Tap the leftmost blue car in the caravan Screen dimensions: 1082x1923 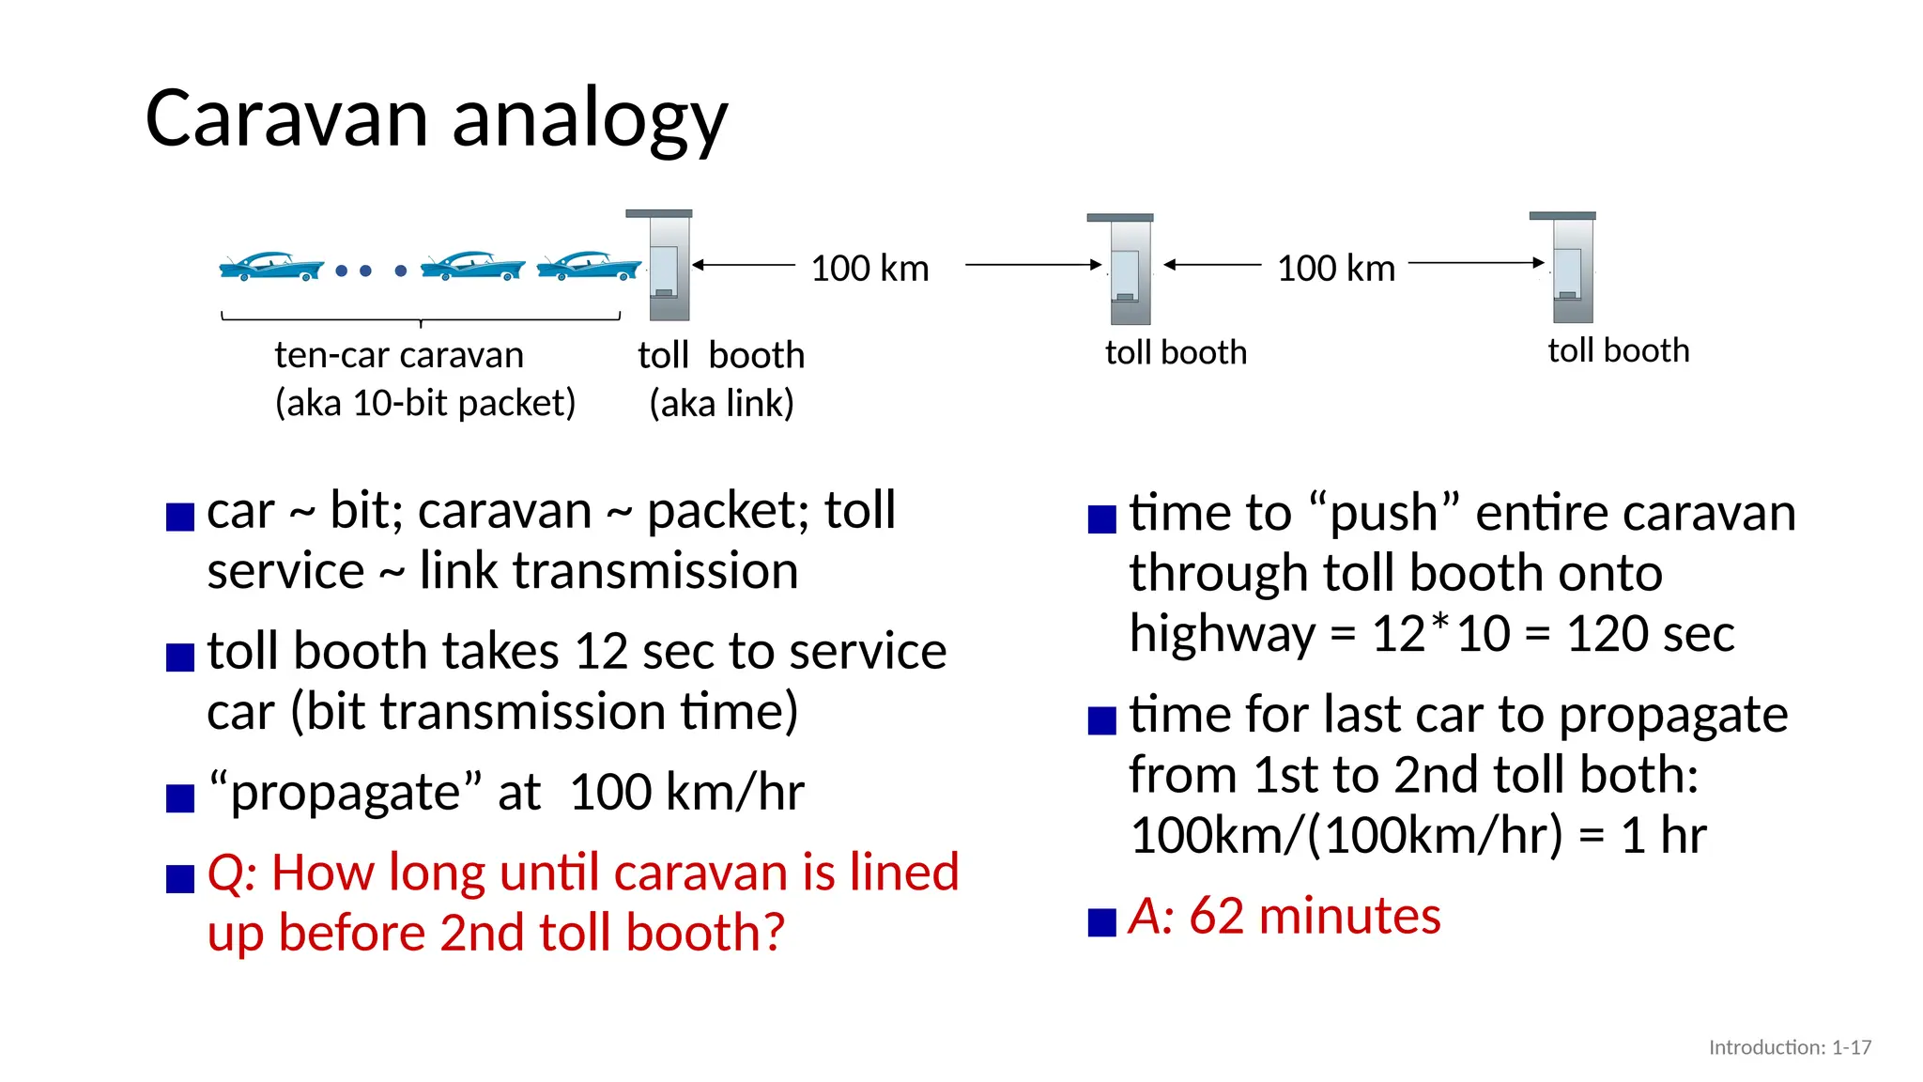pyautogui.click(x=270, y=267)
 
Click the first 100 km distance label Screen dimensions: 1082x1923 pyautogui.click(x=869, y=269)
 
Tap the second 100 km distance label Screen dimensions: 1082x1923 pyautogui.click(x=1335, y=269)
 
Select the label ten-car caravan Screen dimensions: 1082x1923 pyautogui.click(x=399, y=356)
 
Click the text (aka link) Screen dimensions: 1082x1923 pyautogui.click(x=721, y=404)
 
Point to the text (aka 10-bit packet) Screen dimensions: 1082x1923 pyautogui.click(x=424, y=403)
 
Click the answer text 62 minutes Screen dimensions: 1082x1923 pyautogui.click(x=1315, y=916)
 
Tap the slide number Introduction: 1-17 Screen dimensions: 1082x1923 pyautogui.click(x=1790, y=1047)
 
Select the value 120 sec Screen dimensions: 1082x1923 pyautogui.click(x=1650, y=634)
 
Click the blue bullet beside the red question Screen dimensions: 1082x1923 pyautogui.click(x=179, y=879)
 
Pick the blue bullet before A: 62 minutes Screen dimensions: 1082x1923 pyautogui.click(x=1101, y=922)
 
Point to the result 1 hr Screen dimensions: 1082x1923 pyautogui.click(x=1663, y=835)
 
